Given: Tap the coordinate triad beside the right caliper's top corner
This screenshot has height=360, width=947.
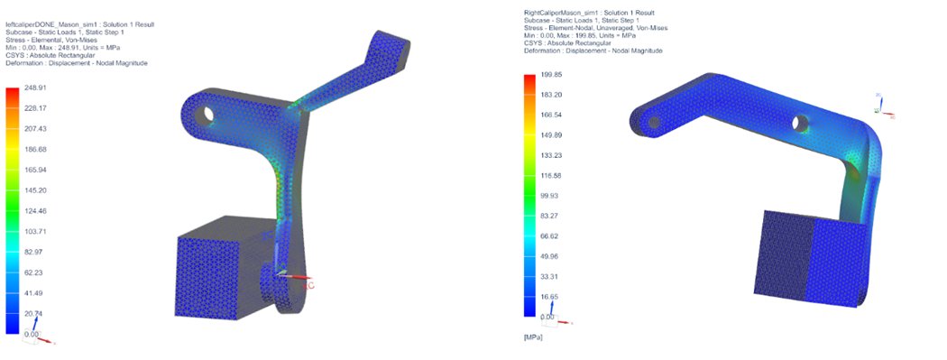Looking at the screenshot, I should pos(881,106).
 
